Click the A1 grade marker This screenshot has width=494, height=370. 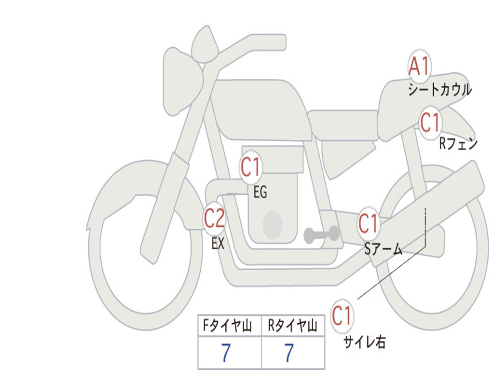coord(419,66)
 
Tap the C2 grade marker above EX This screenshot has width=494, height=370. coord(214,218)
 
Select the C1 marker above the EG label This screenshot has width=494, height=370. coord(251,167)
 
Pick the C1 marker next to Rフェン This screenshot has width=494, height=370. coord(430,123)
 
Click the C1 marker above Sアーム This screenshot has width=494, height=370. coord(368,224)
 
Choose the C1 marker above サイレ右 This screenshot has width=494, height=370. coord(342,316)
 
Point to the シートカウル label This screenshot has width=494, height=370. coord(440,89)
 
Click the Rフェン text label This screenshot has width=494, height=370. coord(458,144)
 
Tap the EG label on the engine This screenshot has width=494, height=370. coord(260,192)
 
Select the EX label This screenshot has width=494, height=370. coord(218,243)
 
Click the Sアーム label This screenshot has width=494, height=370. coord(384,249)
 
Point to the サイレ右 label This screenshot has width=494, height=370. coord(365,342)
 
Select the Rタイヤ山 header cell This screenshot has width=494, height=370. coord(293,325)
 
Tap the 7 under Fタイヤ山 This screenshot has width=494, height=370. coord(226,353)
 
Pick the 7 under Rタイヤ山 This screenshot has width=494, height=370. coord(289,353)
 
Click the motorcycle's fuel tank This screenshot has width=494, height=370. coord(261,108)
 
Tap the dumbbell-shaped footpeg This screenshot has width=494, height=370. coord(321,235)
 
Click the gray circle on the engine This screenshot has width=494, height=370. coord(273,225)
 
